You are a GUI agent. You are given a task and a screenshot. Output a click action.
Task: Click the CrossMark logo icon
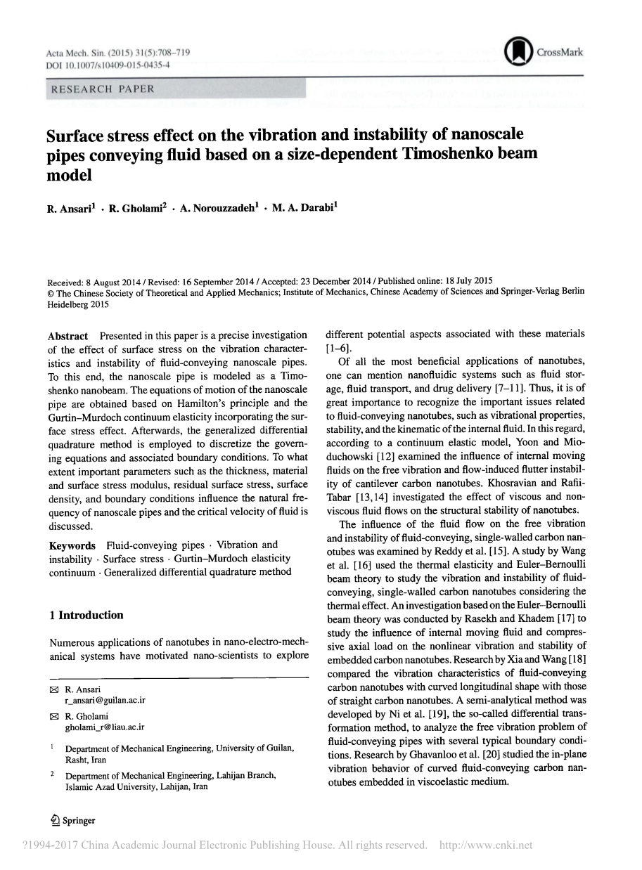[518, 51]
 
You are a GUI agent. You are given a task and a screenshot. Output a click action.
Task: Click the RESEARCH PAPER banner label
[99, 89]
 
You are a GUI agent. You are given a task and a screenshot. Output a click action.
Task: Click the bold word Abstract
[68, 335]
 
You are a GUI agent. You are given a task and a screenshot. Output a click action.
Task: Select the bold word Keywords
[72, 545]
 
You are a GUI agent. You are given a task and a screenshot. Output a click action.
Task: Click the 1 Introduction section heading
[86, 615]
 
